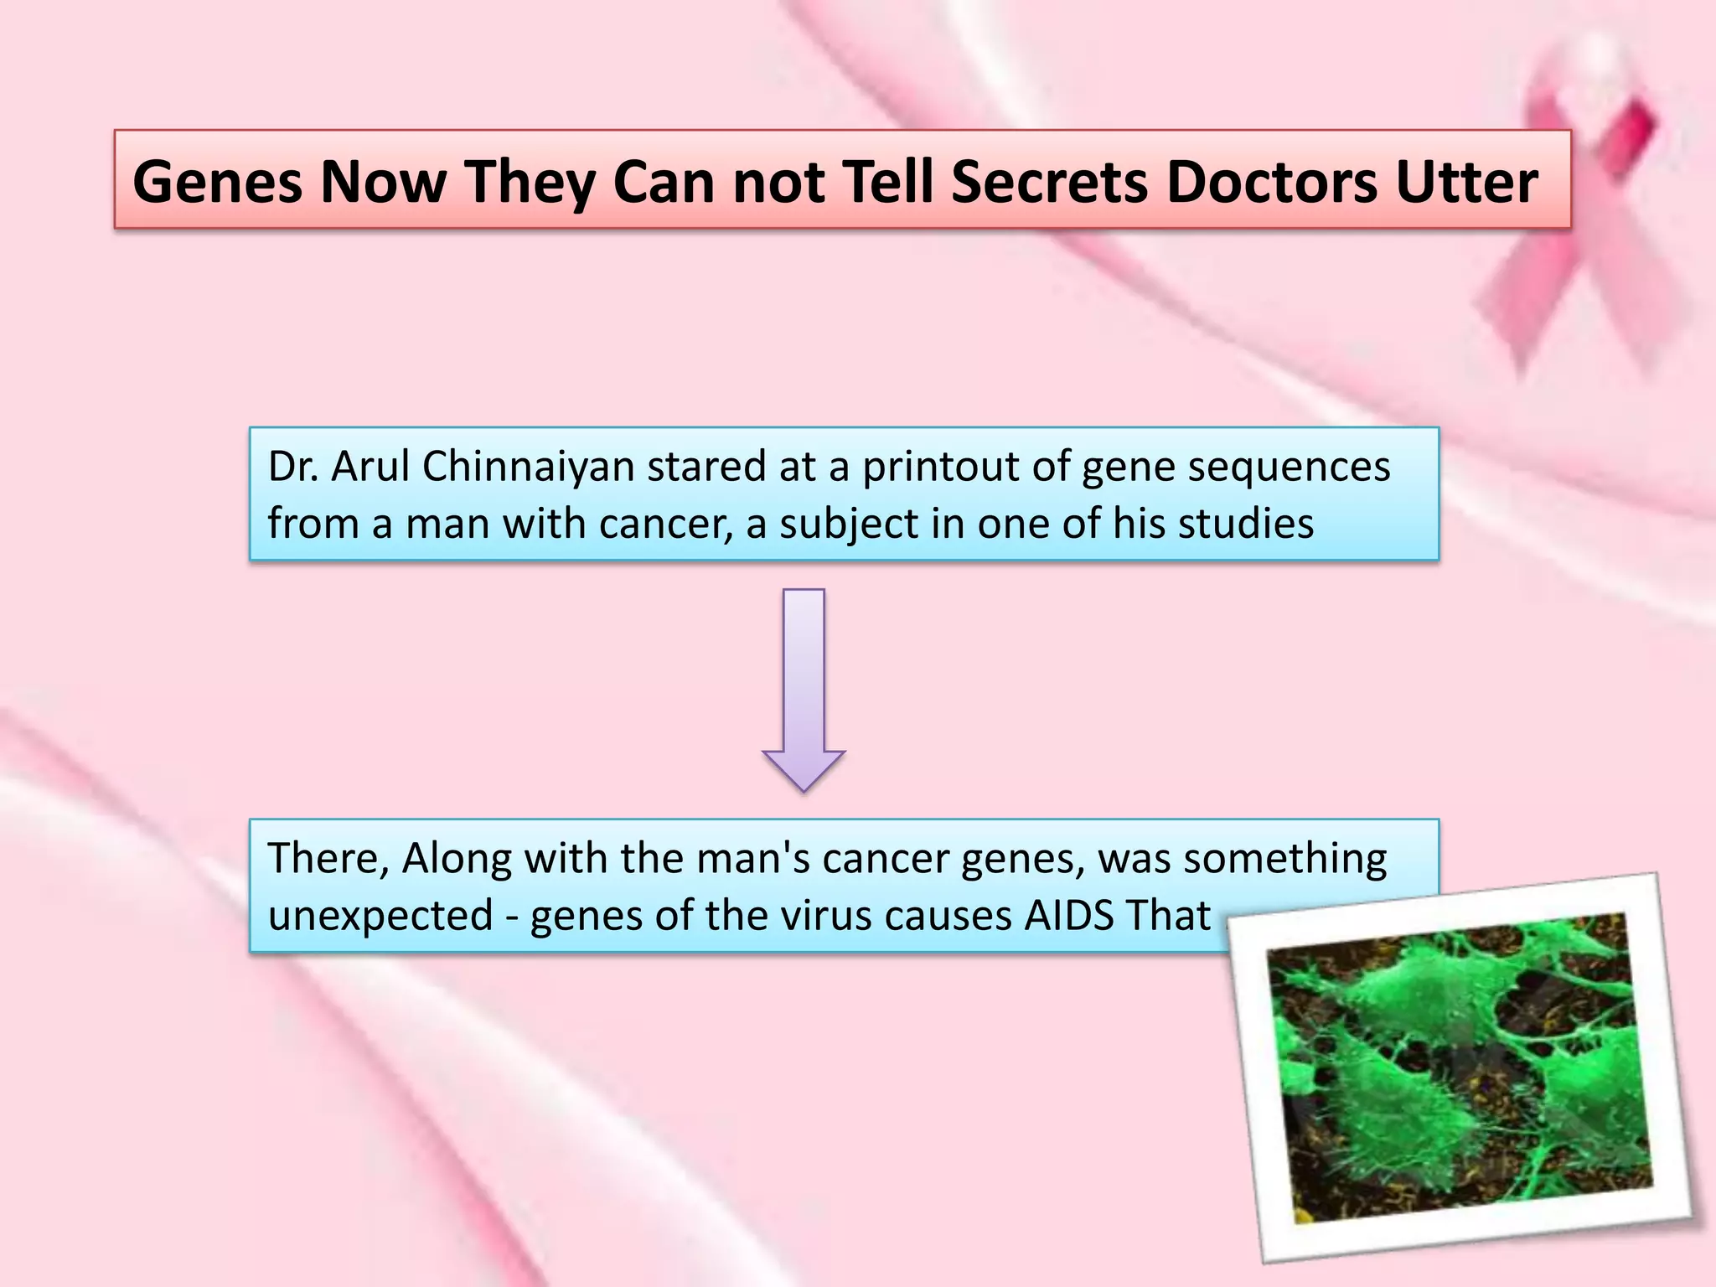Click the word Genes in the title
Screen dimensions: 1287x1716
click(x=217, y=182)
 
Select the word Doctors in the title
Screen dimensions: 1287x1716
click(x=1270, y=182)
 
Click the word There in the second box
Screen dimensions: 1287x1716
click(x=327, y=858)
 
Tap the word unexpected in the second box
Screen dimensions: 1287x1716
click(x=380, y=916)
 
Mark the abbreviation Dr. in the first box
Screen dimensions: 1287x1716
click(x=292, y=467)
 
